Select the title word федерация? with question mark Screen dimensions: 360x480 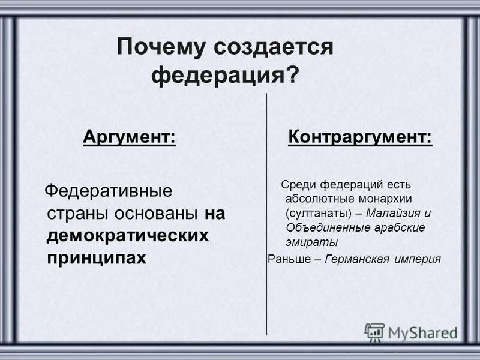(x=224, y=76)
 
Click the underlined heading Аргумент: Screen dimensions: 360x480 (x=130, y=137)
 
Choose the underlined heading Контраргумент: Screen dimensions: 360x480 (x=360, y=137)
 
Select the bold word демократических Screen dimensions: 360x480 (x=128, y=235)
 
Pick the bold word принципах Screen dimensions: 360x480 (x=97, y=257)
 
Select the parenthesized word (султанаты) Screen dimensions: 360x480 (x=318, y=213)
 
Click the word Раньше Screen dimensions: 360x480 (x=288, y=259)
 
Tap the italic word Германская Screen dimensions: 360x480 (x=358, y=259)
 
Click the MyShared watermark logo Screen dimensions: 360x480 (x=412, y=332)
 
